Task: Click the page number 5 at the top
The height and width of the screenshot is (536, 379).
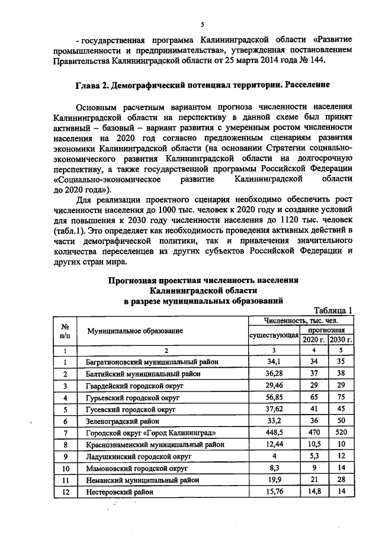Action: coord(202,24)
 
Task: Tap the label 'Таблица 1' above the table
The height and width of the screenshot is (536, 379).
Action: coord(333,310)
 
